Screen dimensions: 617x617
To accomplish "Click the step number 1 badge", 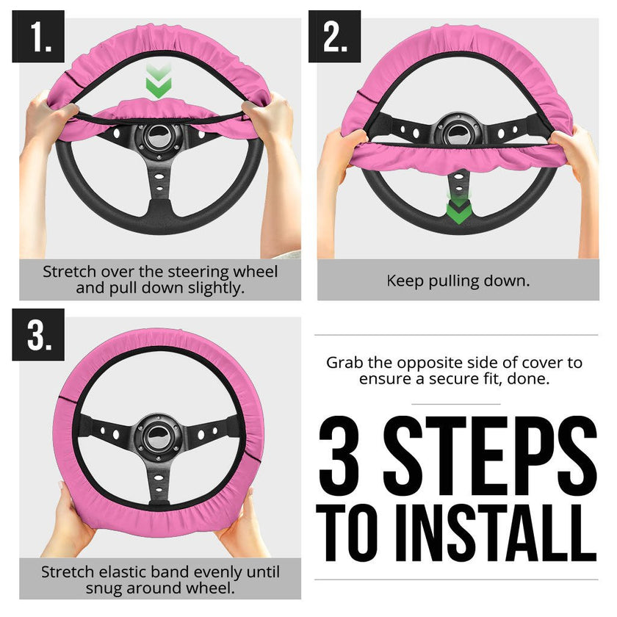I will tap(38, 37).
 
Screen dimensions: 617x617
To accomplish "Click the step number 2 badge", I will tap(334, 37).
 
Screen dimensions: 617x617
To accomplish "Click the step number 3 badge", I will tap(38, 335).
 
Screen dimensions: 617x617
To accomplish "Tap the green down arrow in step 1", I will tap(156, 82).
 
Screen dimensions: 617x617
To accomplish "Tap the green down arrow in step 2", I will tap(459, 209).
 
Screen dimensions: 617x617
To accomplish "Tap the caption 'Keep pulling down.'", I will tap(458, 281).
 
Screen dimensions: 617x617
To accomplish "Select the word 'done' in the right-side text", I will tap(532, 379).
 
